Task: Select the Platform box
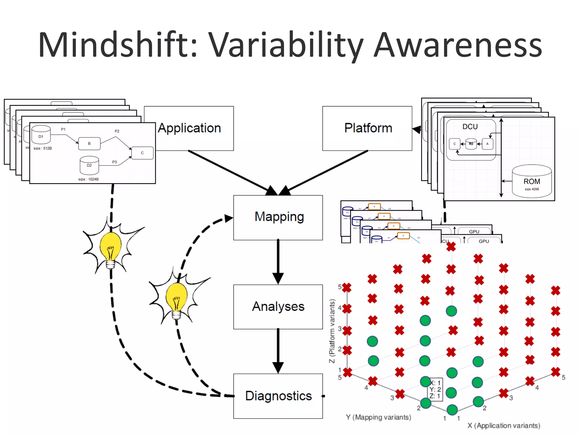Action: [x=367, y=128]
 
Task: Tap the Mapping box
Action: [x=278, y=217]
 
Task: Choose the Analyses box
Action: [x=278, y=307]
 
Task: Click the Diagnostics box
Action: [x=278, y=396]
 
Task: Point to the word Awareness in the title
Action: [x=458, y=45]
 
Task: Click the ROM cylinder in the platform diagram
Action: [x=532, y=181]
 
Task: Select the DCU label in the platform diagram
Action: [x=470, y=127]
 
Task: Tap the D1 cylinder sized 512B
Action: [x=41, y=135]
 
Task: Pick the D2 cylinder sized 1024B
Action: [x=89, y=165]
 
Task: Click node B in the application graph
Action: [x=89, y=144]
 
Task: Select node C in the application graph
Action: [x=142, y=153]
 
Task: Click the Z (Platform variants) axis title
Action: [x=332, y=331]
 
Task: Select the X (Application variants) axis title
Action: [x=504, y=425]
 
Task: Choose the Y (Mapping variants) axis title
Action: [x=378, y=417]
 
